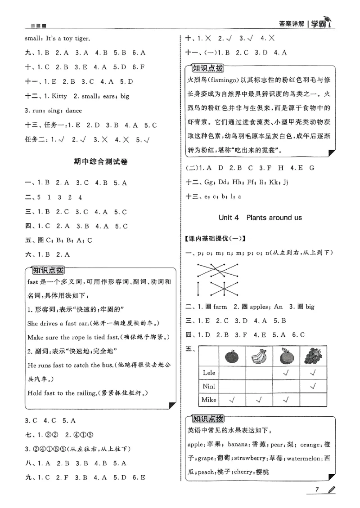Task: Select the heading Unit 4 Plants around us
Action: click(x=260, y=217)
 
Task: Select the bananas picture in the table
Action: click(x=261, y=357)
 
